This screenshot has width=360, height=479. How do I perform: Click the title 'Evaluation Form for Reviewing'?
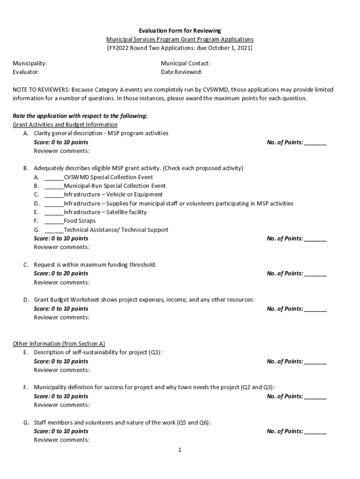180,31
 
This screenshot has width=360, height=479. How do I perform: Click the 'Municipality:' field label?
29,63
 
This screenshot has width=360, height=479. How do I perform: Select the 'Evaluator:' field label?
26,72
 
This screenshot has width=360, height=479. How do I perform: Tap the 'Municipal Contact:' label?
186,63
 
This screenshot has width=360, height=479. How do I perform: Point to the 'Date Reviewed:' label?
181,72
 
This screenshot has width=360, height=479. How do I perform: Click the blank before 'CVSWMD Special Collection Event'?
54,177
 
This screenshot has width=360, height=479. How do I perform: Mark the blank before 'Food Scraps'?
54,221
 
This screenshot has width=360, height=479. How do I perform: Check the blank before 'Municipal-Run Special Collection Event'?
54,186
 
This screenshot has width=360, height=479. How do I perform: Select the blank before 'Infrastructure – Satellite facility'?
54,212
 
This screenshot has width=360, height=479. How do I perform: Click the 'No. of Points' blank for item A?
315,143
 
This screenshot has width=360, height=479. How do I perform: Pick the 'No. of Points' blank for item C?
315,274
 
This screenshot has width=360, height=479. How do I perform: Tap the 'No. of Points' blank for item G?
315,432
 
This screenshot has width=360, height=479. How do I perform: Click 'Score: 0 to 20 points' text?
61,274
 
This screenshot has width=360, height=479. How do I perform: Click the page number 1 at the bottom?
179,450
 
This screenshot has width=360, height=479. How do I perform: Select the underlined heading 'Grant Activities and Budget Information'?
65,125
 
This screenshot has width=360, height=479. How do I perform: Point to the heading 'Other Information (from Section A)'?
58,344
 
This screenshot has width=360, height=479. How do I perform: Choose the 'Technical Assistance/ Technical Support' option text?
116,230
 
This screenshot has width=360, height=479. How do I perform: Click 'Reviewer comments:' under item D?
62,318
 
